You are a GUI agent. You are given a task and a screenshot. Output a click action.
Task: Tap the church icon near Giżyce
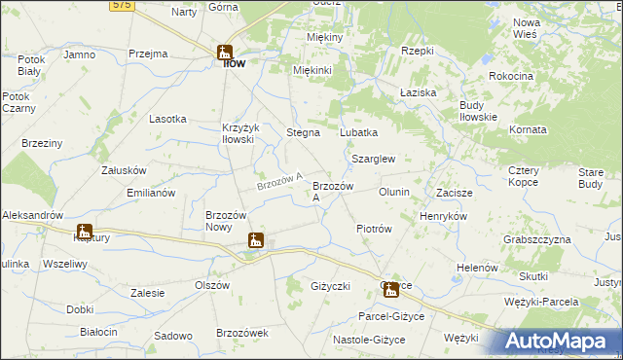390,289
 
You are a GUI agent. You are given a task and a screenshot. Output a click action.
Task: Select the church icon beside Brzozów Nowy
255,240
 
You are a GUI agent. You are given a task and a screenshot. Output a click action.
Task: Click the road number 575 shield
122,5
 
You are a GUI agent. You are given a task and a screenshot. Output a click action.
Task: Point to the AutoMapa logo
560,342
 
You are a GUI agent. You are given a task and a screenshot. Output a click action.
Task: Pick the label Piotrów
374,229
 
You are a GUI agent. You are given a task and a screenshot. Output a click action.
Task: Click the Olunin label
394,192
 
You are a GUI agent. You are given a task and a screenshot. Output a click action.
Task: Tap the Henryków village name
443,216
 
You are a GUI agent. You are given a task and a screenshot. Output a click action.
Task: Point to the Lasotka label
167,119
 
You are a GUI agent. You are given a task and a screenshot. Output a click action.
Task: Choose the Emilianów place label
151,193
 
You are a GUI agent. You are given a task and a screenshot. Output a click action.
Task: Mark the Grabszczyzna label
535,239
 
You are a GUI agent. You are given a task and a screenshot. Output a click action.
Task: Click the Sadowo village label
173,336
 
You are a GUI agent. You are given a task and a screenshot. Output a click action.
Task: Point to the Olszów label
211,285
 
